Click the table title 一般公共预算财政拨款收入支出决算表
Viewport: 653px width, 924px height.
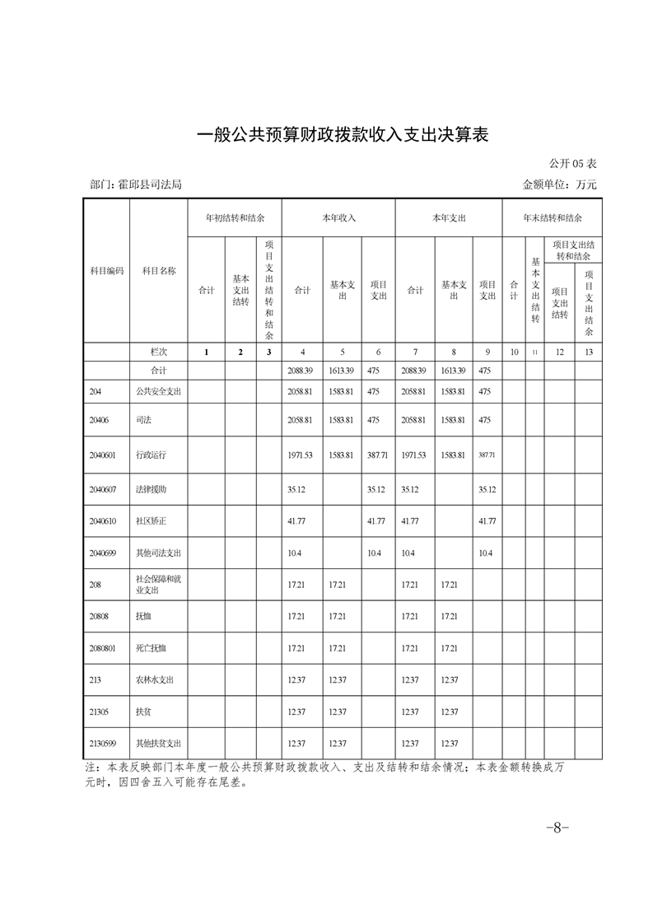[x=344, y=134]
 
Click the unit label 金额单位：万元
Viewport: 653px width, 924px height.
[x=559, y=184]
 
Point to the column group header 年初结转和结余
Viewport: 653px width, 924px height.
[x=235, y=218]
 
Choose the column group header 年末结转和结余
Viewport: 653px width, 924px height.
[x=553, y=218]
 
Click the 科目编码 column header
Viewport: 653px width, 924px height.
[x=106, y=270]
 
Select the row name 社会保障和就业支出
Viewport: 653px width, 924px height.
[x=158, y=584]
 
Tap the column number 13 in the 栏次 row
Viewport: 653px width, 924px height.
[x=588, y=352]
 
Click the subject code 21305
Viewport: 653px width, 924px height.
[x=100, y=712]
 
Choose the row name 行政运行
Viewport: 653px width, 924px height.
[x=151, y=455]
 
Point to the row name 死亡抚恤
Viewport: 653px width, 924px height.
[x=151, y=648]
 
